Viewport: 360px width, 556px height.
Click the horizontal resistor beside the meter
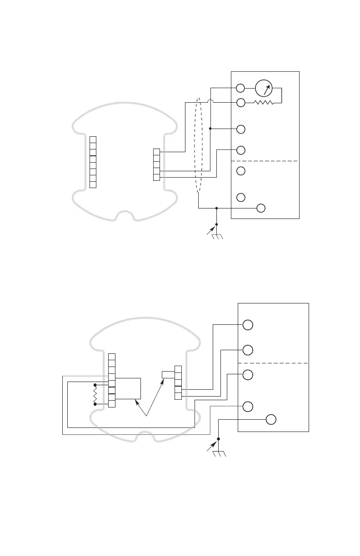pyautogui.click(x=264, y=103)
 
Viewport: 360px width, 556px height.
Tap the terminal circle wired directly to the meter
pyautogui.click(x=241, y=88)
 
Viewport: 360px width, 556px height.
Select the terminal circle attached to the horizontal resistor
pyautogui.click(x=241, y=103)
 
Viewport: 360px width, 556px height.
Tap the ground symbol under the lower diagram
pyautogui.click(x=219, y=452)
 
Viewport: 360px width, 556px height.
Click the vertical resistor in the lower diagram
pyautogui.click(x=95, y=393)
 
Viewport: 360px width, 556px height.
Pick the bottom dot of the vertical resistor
pyautogui.click(x=95, y=403)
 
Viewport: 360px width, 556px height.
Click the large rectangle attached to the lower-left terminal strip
pyautogui.click(x=128, y=388)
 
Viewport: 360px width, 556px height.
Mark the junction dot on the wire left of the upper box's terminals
pyautogui.click(x=210, y=129)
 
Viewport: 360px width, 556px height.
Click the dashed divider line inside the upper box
pyautogui.click(x=265, y=161)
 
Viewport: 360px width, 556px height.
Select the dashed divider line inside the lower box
pyautogui.click(x=273, y=363)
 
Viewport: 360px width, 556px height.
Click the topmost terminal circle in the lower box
pyautogui.click(x=248, y=325)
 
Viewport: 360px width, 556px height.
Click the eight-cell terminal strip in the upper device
pyautogui.click(x=93, y=162)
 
